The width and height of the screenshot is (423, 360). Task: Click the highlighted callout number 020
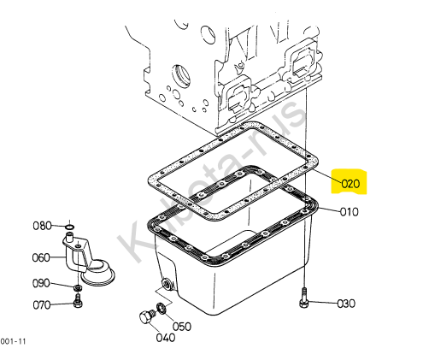350,184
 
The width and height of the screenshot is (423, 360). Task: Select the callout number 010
350,212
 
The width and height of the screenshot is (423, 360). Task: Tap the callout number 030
346,304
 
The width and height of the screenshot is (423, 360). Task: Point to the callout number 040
166,338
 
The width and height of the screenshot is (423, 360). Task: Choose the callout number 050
182,327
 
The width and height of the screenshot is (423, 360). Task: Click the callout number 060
41,257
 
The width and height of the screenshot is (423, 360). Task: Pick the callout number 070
42,305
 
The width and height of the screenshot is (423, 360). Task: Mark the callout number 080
42,226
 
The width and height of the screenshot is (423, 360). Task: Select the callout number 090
41,283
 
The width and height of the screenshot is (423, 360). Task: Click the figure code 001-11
13,341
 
